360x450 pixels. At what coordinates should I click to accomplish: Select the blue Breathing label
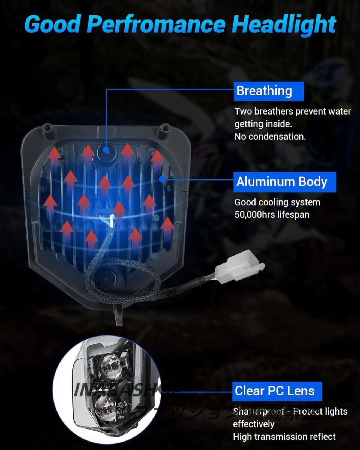[x=268, y=91]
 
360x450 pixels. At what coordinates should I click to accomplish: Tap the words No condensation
[x=270, y=136]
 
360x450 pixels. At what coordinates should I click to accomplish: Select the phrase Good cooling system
[x=277, y=202]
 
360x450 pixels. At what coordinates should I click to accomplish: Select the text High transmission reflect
[x=284, y=436]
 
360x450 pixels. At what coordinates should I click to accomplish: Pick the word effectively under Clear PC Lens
[x=254, y=424]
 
